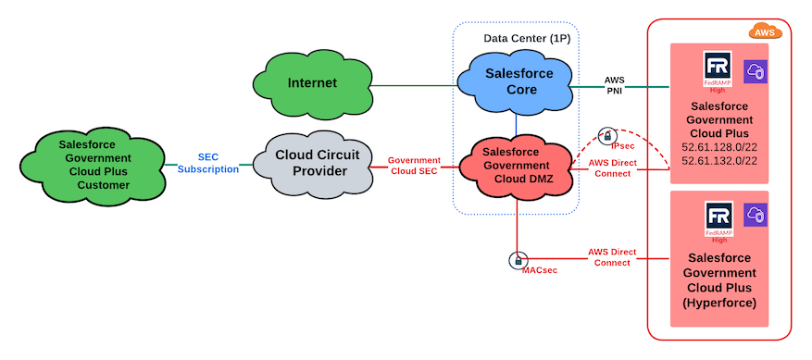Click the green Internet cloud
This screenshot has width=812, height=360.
(x=312, y=83)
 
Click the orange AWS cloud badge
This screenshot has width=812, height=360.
(x=765, y=32)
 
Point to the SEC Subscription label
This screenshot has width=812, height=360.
(x=207, y=164)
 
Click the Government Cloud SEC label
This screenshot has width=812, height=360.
(x=414, y=166)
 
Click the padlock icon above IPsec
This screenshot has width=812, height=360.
(x=607, y=135)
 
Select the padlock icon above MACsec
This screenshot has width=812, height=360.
(x=518, y=260)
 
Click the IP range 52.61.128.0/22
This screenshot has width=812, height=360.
(x=718, y=147)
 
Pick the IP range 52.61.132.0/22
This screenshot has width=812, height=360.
(x=718, y=161)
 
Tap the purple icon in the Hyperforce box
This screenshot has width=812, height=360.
(x=756, y=216)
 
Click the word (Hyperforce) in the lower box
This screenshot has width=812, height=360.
(x=718, y=303)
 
